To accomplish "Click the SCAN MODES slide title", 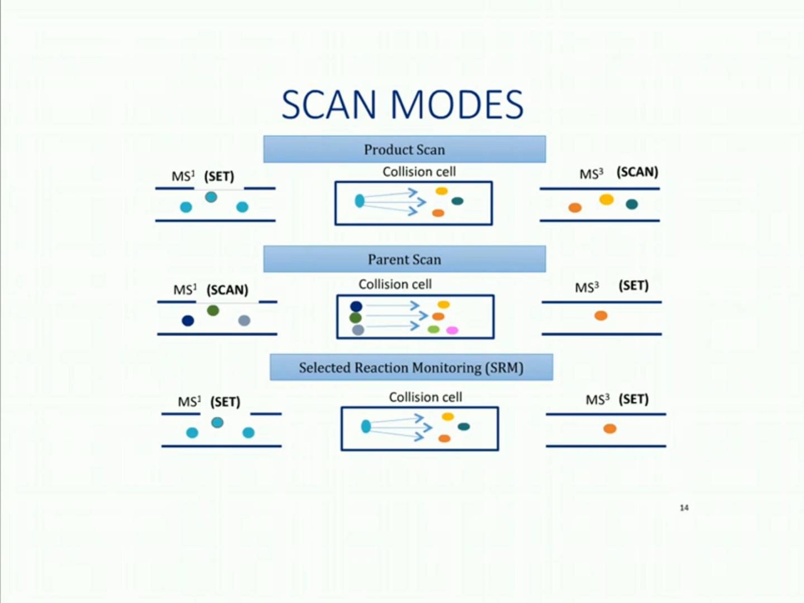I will pyautogui.click(x=402, y=104).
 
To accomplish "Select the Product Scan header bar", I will pyautogui.click(x=404, y=149).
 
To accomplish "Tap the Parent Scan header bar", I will pyautogui.click(x=404, y=259).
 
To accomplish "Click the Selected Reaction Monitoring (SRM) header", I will pyautogui.click(x=411, y=367).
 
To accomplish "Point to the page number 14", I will pyautogui.click(x=684, y=508).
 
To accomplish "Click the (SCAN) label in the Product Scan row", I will pyautogui.click(x=637, y=172).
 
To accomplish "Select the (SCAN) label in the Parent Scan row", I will pyautogui.click(x=227, y=290).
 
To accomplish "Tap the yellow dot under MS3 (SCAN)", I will pyautogui.click(x=606, y=200).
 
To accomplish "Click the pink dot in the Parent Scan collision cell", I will pyautogui.click(x=452, y=330).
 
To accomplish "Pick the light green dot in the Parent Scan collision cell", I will pyautogui.click(x=433, y=329).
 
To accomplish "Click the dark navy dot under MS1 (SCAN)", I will pyautogui.click(x=187, y=320).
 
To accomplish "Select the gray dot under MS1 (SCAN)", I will pyautogui.click(x=244, y=320).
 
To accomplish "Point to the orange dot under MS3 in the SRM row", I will pyautogui.click(x=609, y=429).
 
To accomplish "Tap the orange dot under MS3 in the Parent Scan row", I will pyautogui.click(x=600, y=315).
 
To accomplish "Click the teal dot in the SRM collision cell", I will pyautogui.click(x=464, y=426).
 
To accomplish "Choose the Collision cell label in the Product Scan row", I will pyautogui.click(x=419, y=171).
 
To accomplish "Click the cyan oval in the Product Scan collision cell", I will pyautogui.click(x=359, y=201).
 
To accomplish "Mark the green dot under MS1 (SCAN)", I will pyautogui.click(x=213, y=310).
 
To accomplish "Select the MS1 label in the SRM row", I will pyautogui.click(x=188, y=402).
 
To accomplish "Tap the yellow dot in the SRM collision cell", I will pyautogui.click(x=448, y=416).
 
